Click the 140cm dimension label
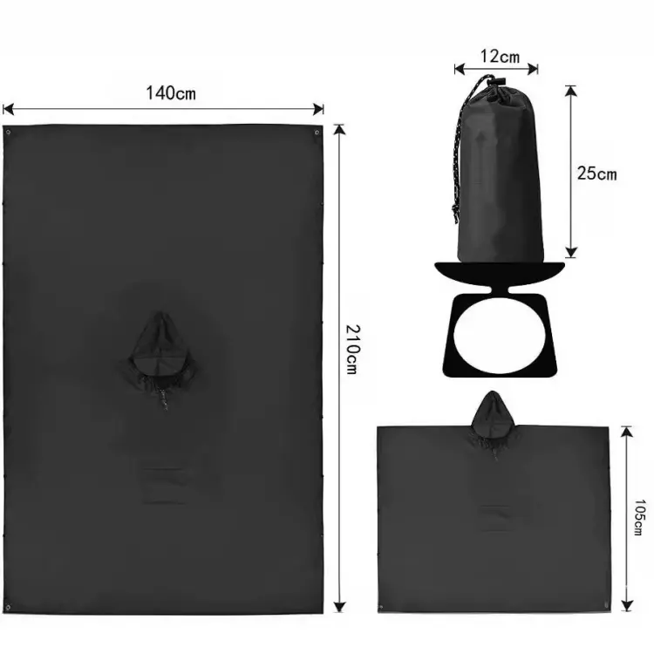point(171,93)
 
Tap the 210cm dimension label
point(352,349)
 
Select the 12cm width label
point(501,57)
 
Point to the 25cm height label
point(596,174)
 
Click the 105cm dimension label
point(639,517)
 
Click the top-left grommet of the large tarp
point(8,133)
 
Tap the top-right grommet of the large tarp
point(317,133)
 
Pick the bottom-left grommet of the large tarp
point(8,606)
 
